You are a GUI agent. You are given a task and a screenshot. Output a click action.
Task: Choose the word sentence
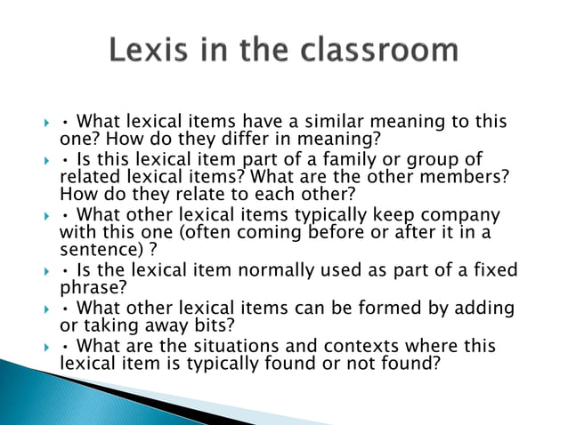[x=93, y=249]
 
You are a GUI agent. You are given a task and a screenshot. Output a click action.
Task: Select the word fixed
[x=495, y=270]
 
